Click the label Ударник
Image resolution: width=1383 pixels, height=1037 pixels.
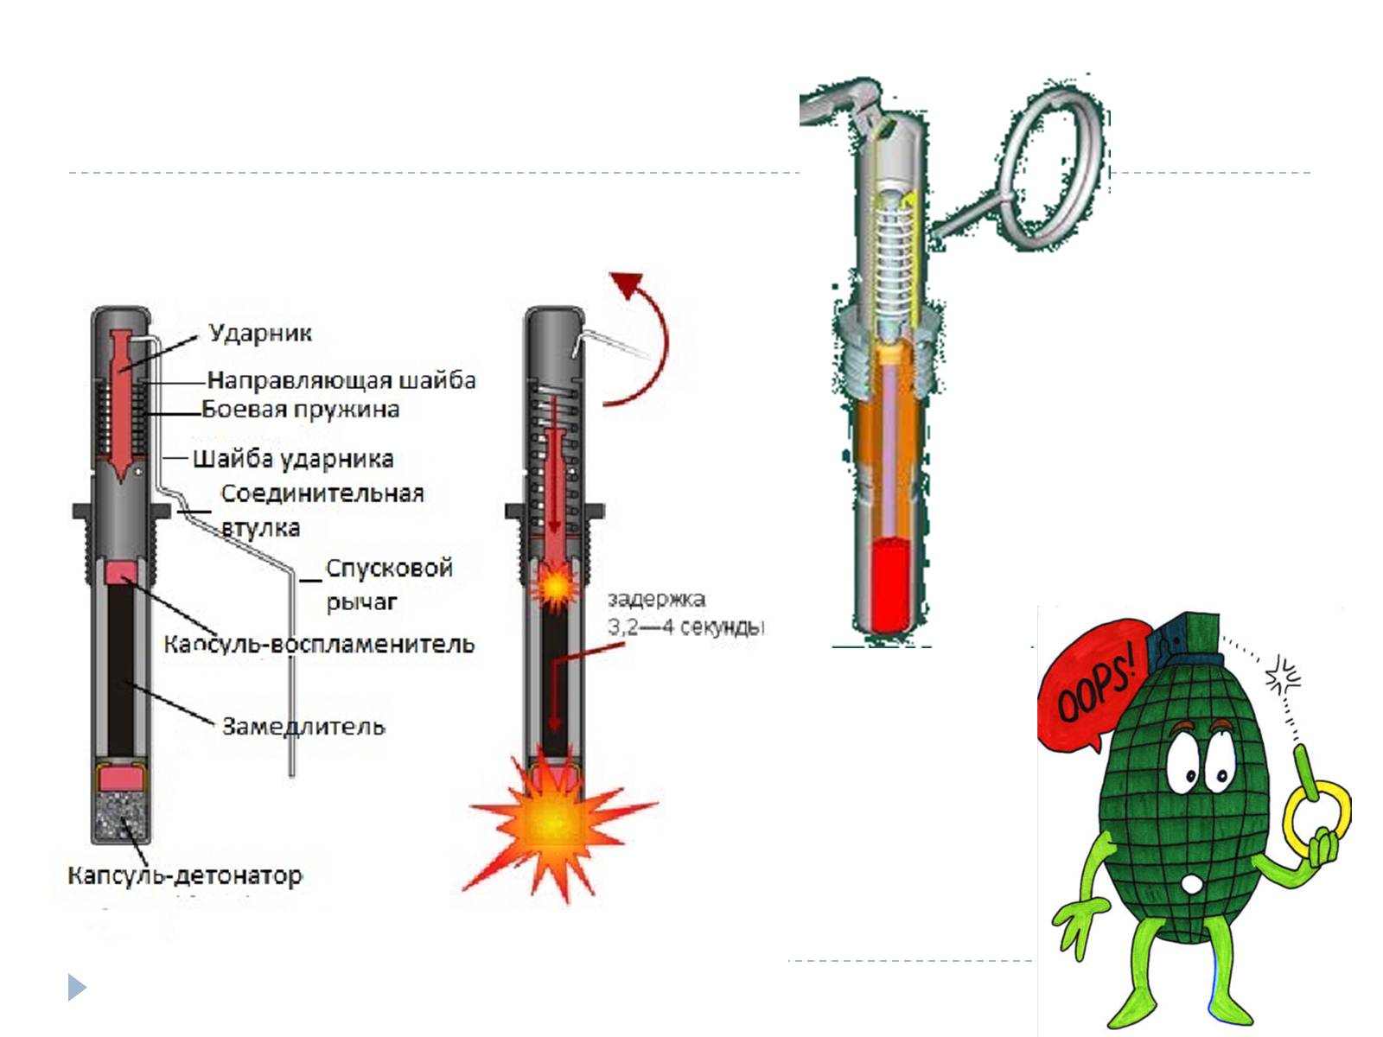tap(259, 334)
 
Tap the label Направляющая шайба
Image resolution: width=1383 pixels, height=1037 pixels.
tap(341, 380)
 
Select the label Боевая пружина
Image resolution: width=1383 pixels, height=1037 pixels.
tap(301, 409)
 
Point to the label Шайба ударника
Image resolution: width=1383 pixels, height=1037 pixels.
tap(293, 459)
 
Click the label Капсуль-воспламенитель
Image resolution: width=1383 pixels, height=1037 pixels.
tap(319, 644)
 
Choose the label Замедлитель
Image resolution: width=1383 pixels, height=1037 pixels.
tap(303, 726)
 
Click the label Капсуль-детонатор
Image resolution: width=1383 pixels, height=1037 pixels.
tap(185, 875)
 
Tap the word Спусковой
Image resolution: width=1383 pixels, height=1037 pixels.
tap(389, 569)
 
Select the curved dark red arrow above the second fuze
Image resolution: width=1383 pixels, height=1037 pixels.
tap(644, 337)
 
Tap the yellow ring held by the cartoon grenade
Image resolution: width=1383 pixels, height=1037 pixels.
tap(1317, 817)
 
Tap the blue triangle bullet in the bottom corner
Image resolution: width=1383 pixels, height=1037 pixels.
tap(77, 987)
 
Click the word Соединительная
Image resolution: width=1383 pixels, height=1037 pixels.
tap(322, 493)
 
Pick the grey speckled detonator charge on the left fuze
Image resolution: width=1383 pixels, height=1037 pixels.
tap(121, 817)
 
